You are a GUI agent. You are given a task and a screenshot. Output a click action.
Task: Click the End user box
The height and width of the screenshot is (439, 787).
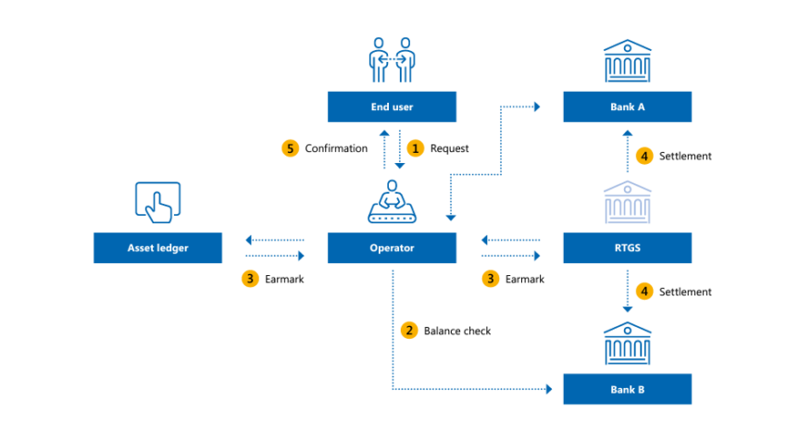pos(393,107)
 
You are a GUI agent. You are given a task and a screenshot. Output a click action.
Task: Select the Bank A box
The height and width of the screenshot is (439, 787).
pos(627,107)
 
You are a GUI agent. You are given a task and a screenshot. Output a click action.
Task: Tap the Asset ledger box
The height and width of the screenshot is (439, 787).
pos(157,247)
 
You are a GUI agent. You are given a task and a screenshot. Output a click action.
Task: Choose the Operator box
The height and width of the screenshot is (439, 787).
pos(393,247)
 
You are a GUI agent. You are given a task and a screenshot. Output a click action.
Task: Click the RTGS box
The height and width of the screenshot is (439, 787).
pos(627,247)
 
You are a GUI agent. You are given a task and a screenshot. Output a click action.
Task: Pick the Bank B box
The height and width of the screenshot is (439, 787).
pos(627,389)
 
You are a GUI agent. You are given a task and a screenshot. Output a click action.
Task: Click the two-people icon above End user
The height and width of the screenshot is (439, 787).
pos(393,60)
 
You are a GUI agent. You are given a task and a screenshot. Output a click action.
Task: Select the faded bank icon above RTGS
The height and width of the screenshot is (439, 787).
pos(627,202)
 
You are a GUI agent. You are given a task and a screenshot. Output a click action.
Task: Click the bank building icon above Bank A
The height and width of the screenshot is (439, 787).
pos(627,61)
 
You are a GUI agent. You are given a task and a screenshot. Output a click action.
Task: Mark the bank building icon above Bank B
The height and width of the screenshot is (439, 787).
pos(627,344)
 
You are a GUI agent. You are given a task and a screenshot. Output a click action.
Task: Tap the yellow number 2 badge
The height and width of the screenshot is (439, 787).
pos(408,330)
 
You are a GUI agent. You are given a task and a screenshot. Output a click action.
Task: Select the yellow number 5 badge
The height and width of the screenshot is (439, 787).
pos(290,148)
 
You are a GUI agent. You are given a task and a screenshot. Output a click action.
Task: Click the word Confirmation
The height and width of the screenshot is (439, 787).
pos(336,148)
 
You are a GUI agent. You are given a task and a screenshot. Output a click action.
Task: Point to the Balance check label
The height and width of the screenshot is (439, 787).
pos(456,330)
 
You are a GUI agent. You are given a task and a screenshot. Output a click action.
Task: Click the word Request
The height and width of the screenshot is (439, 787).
pos(449,148)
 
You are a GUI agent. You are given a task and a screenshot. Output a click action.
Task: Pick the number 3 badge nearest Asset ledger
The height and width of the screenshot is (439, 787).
pos(249,278)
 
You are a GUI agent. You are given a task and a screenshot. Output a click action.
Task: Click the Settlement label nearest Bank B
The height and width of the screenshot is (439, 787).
pos(685,292)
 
